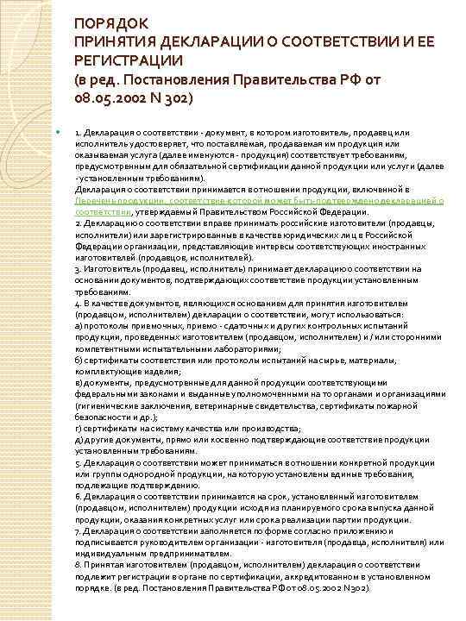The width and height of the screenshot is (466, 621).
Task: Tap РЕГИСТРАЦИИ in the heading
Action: pyautogui.click(x=128, y=60)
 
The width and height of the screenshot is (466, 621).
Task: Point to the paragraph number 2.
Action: pyautogui.click(x=79, y=222)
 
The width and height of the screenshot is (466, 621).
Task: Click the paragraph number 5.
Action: pyautogui.click(x=79, y=463)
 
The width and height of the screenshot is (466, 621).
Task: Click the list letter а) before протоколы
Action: pyautogui.click(x=79, y=325)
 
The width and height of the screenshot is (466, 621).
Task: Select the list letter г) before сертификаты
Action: pyautogui.click(x=79, y=428)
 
